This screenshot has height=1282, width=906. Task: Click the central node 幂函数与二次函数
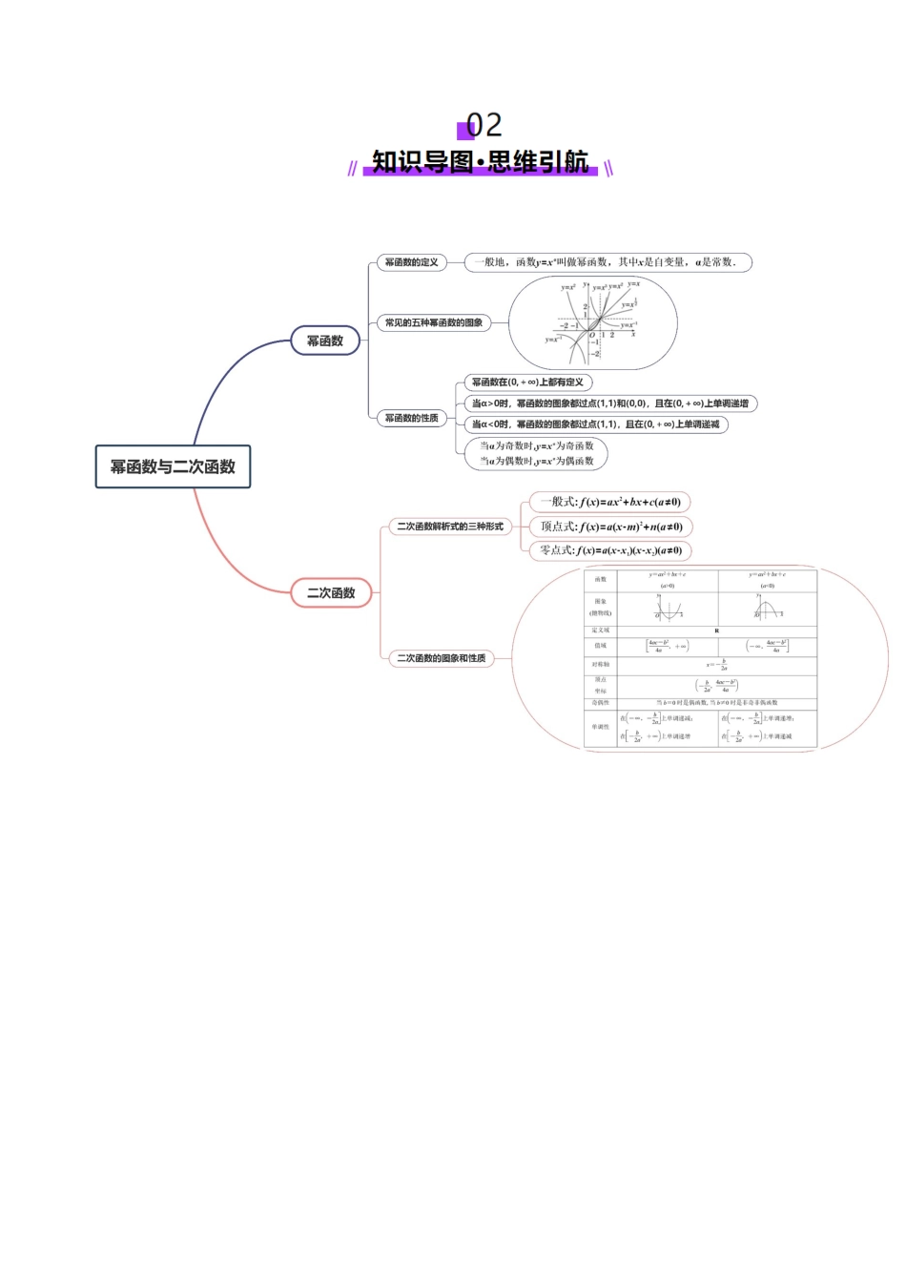point(173,466)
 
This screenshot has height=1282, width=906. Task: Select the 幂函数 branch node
point(324,341)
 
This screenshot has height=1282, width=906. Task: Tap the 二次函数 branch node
point(331,592)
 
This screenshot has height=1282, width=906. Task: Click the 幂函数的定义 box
point(411,262)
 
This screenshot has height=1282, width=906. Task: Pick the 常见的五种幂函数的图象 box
point(433,322)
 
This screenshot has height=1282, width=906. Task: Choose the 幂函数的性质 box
point(411,418)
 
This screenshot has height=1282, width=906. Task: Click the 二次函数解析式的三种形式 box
point(449,527)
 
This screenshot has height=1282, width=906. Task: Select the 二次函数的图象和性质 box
point(441,658)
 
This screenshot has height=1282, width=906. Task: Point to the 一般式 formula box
point(609,502)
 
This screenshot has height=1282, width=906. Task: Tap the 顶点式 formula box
point(610,527)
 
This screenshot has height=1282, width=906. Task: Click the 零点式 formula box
point(609,550)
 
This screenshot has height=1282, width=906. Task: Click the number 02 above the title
point(484,125)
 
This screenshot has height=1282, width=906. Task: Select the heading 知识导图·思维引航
point(480,162)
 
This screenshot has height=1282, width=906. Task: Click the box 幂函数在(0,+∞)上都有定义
point(527,383)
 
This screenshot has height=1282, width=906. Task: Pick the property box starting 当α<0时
point(595,424)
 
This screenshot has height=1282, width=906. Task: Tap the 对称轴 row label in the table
point(601,664)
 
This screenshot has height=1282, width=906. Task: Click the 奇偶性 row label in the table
point(601,703)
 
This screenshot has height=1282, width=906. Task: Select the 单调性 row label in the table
point(601,727)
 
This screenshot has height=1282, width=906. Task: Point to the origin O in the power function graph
point(592,335)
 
